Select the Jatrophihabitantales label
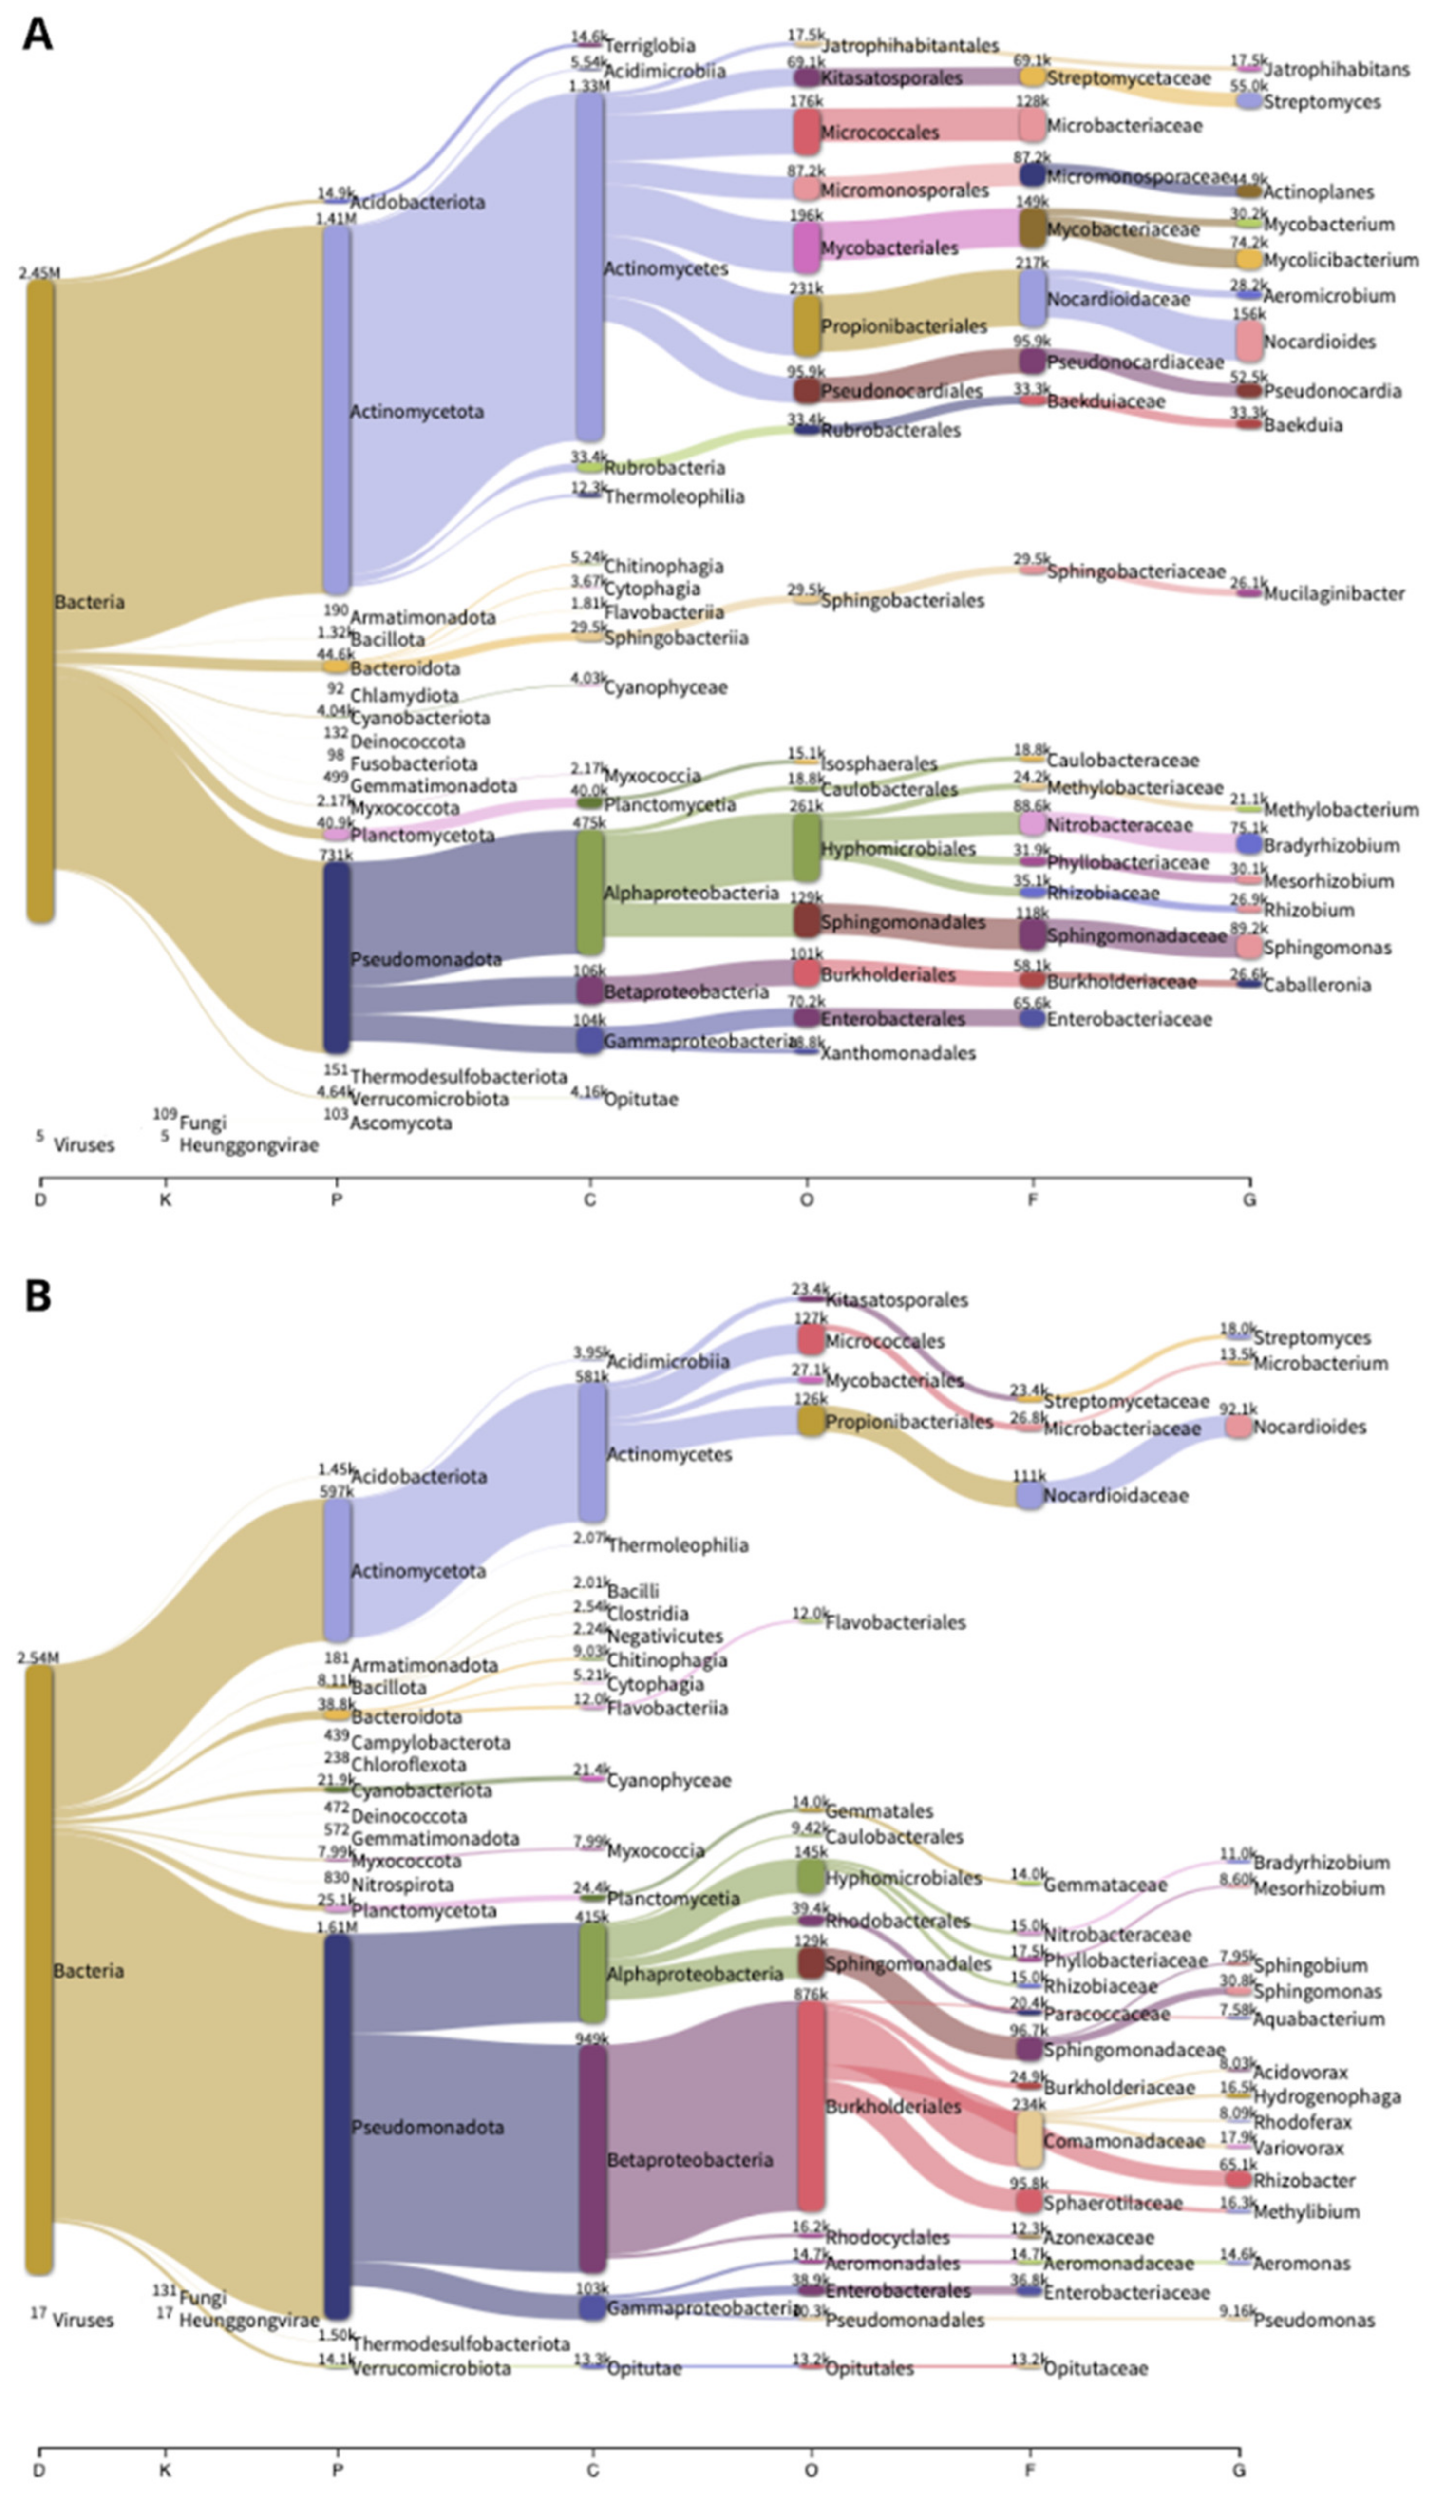pyautogui.click(x=909, y=45)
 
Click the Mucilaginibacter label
pyautogui.click(x=1333, y=594)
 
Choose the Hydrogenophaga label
pyautogui.click(x=1326, y=2096)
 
